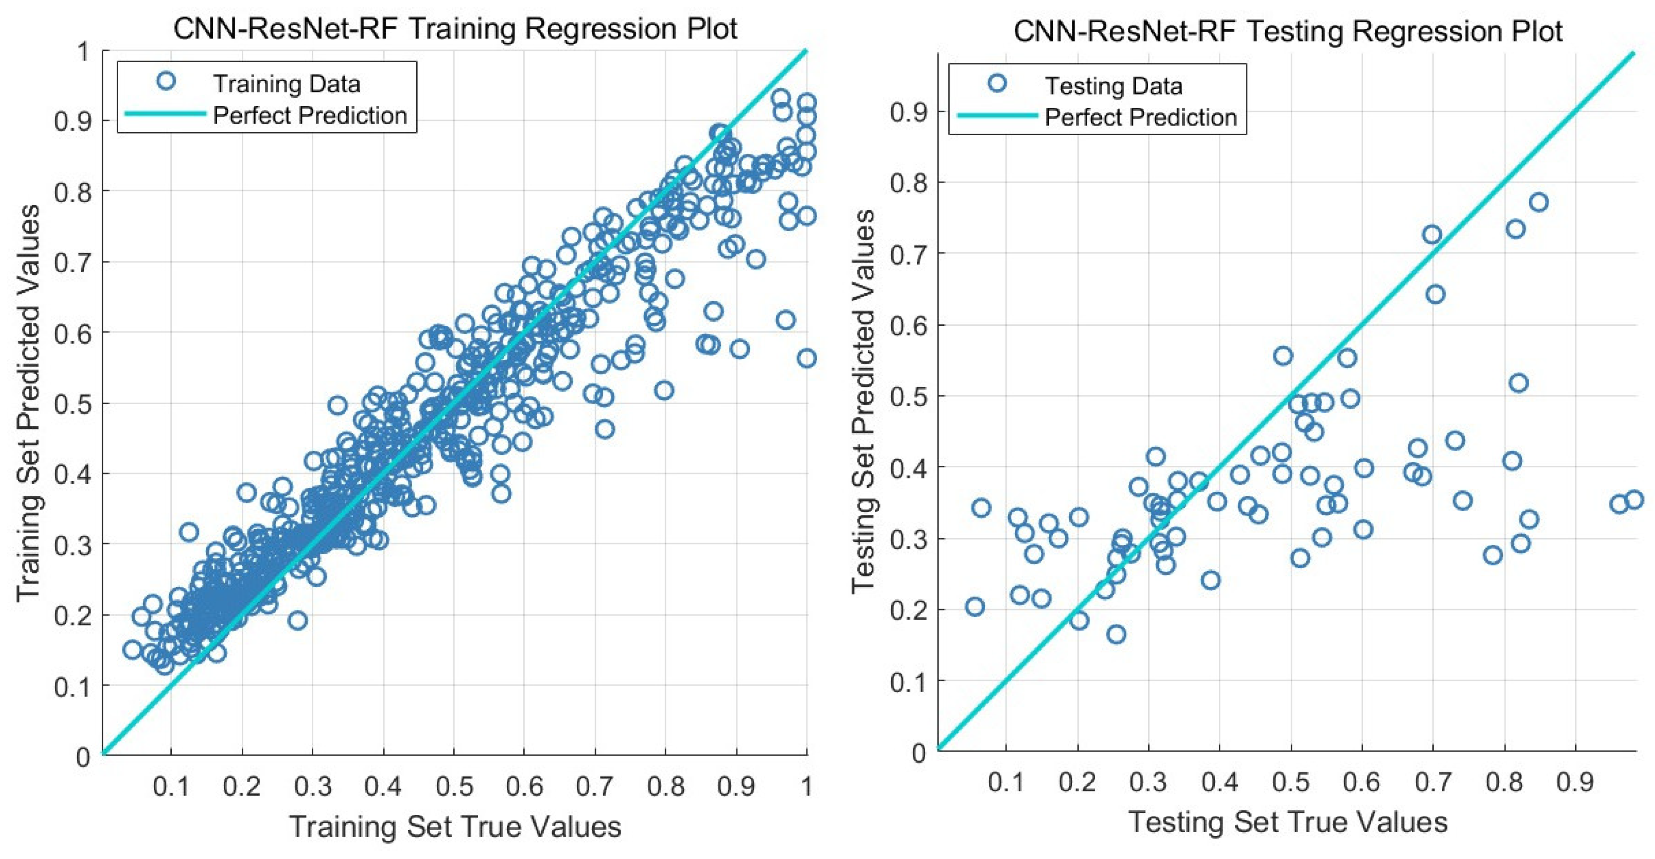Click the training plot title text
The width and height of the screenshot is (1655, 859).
455,29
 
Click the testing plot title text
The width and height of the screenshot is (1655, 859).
1288,31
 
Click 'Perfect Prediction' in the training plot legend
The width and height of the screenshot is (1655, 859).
310,116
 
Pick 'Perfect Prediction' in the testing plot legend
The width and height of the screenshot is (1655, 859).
1141,117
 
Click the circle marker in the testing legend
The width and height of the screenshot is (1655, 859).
998,83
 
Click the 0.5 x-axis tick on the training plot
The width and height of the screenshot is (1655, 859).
454,786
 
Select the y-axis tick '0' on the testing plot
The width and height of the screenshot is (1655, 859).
919,752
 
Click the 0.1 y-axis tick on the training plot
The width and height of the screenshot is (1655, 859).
73,687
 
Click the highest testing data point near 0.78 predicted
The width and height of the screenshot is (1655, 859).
1539,203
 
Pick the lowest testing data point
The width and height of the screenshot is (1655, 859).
1117,634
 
